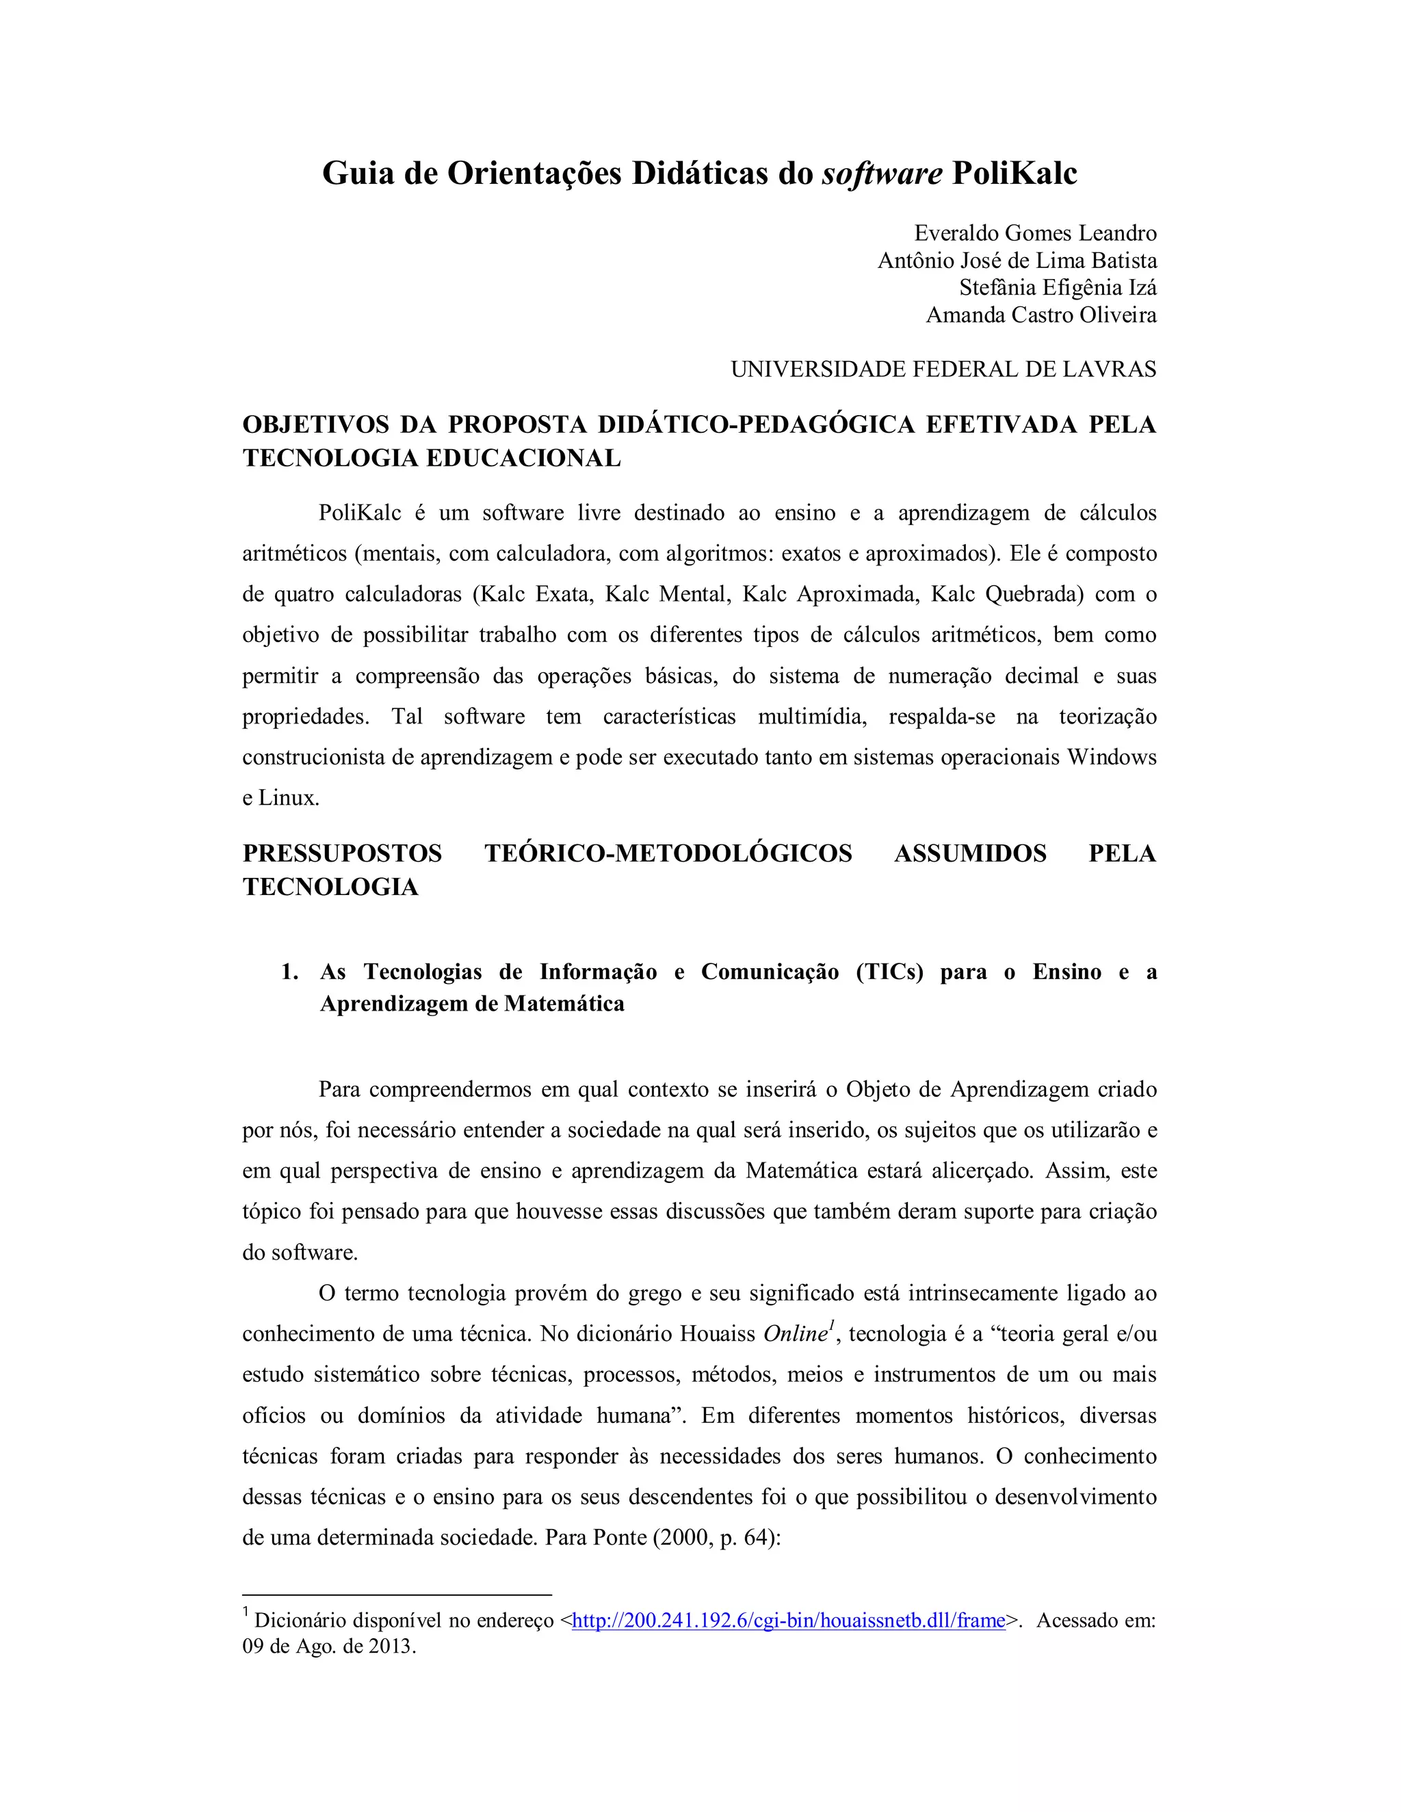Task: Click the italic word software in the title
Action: pos(881,174)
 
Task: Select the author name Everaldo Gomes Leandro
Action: pos(1035,233)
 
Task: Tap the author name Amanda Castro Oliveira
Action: pos(1040,315)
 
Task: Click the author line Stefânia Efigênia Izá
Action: pos(1058,288)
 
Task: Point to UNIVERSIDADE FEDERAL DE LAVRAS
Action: pos(943,369)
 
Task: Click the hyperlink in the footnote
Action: pos(789,1621)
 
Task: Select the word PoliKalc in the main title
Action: pos(1014,174)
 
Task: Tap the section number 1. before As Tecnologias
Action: pos(289,972)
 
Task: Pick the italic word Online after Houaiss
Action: pos(795,1334)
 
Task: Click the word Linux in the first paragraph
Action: pos(287,798)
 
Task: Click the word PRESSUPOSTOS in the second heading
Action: pos(342,854)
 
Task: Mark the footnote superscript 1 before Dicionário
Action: pos(246,1614)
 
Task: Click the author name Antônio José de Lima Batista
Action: pos(1017,261)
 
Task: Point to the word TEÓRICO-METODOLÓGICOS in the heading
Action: pos(668,854)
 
